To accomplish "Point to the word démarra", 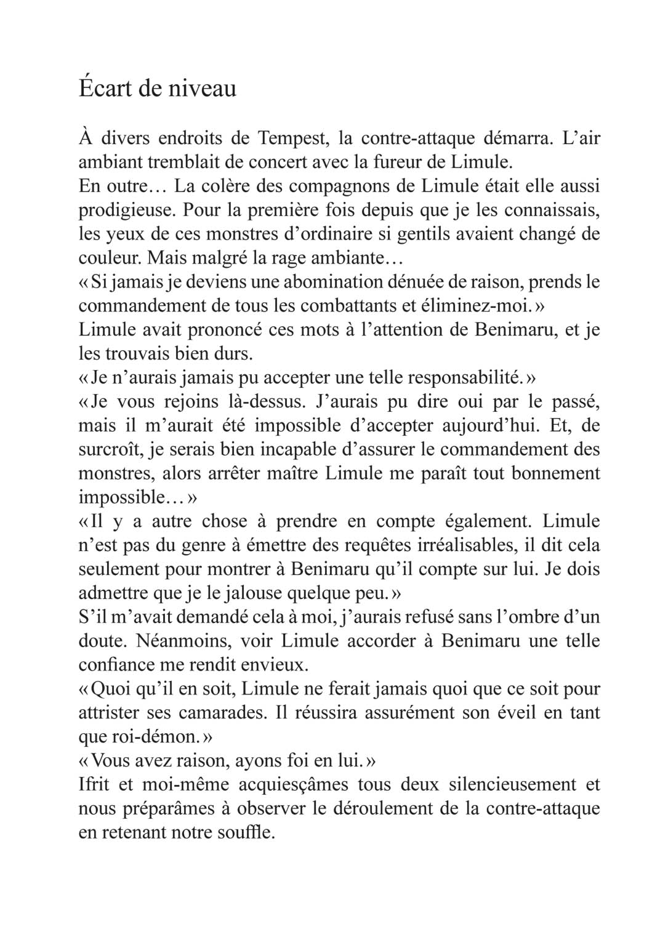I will (517, 138).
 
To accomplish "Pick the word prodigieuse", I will (126, 210).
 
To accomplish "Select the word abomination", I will (324, 282).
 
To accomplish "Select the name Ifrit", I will (92, 785).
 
